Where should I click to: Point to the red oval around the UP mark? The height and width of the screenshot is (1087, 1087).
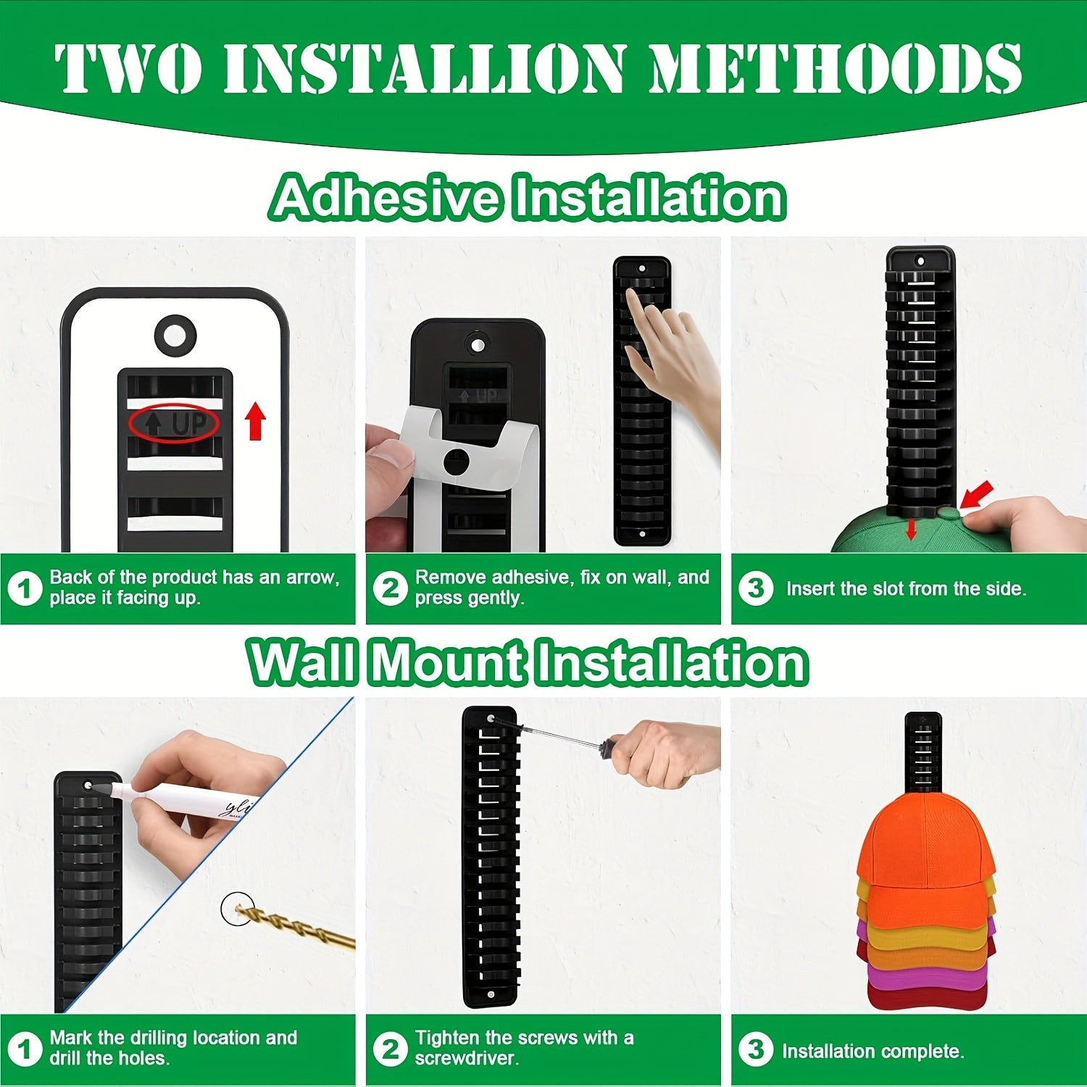pyautogui.click(x=174, y=423)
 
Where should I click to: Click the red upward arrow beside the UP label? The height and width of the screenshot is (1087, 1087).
pyautogui.click(x=255, y=422)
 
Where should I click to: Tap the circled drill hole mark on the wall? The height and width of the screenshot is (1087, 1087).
pyautogui.click(x=235, y=909)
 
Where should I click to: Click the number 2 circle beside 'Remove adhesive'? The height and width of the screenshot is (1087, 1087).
pyautogui.click(x=391, y=588)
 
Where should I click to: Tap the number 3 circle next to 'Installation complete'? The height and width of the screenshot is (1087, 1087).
pyautogui.click(x=756, y=1049)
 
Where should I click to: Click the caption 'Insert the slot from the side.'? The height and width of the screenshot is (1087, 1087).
pyautogui.click(x=906, y=588)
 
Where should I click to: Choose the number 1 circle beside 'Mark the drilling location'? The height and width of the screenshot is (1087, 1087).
pyautogui.click(x=25, y=1049)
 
